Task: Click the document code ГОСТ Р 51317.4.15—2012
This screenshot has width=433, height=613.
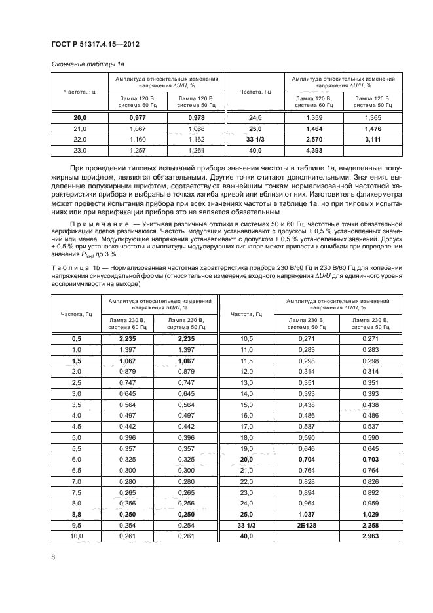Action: point(95,44)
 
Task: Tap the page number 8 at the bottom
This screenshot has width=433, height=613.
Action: point(52,557)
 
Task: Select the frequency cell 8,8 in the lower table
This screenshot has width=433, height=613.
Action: point(76,515)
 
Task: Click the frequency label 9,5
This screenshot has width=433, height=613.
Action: point(76,526)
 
